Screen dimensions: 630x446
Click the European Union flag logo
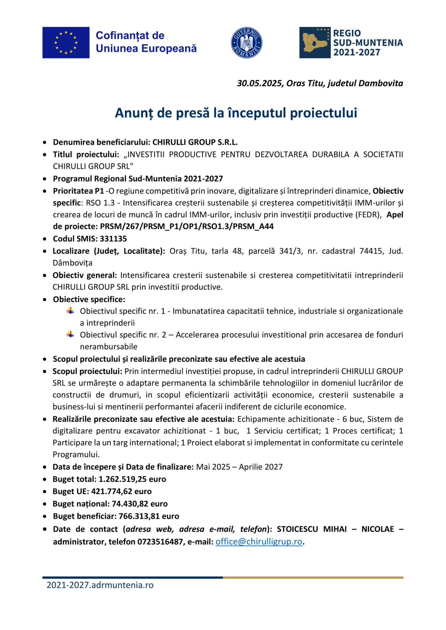[x=66, y=43]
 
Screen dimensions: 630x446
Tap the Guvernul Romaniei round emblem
[x=247, y=43]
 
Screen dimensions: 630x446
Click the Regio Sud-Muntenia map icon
[x=315, y=43]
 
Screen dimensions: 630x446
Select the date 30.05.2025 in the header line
[x=260, y=84]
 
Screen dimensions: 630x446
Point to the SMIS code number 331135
[x=113, y=239]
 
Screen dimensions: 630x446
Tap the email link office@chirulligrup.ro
[x=259, y=542]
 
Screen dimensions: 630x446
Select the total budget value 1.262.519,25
[x=123, y=479]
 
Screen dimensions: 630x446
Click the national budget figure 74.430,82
[x=130, y=504]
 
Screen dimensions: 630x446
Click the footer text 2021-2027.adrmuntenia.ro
[x=100, y=585]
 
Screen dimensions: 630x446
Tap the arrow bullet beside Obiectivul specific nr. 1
[x=70, y=311]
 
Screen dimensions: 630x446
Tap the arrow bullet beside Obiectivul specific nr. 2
[x=70, y=334]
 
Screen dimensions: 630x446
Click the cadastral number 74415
[x=371, y=251]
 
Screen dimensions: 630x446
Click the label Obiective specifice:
[x=89, y=299]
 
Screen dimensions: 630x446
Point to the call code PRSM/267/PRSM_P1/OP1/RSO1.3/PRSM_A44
[x=187, y=226]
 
